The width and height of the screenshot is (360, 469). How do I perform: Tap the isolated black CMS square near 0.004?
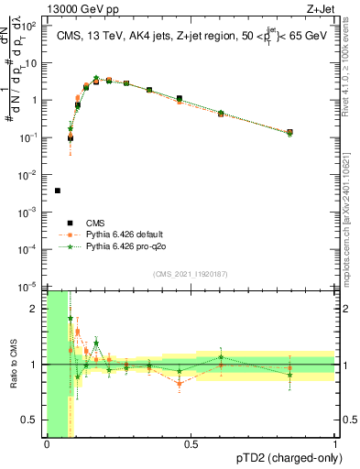58,191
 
